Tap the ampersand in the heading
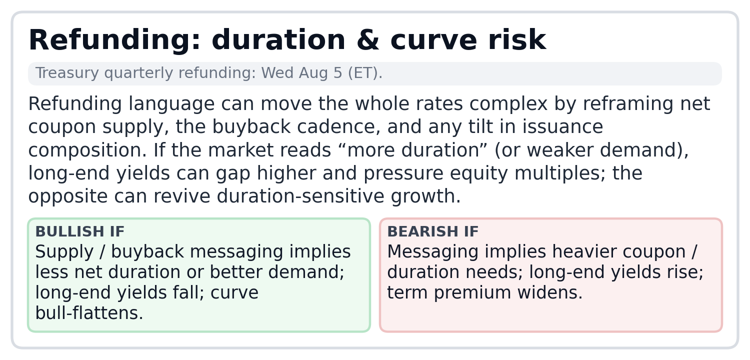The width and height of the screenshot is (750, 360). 368,40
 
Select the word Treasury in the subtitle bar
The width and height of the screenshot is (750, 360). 67,73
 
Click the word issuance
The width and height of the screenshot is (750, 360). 562,127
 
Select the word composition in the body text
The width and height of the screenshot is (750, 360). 87,150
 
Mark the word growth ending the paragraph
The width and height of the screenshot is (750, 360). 425,196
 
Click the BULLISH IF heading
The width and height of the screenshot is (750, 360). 79,231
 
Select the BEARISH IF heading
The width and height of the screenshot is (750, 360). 433,231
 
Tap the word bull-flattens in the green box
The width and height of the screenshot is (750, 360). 89,313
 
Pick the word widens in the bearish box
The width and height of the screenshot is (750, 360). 550,292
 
